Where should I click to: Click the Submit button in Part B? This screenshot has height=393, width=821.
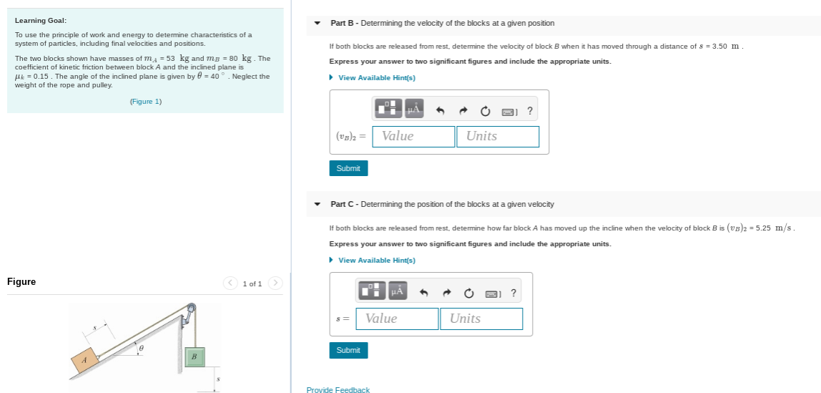point(348,168)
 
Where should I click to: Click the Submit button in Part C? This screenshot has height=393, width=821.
point(348,350)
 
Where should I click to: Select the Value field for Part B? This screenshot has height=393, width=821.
point(413,136)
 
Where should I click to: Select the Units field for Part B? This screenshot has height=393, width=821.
point(498,136)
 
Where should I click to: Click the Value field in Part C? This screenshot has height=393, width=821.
point(397,319)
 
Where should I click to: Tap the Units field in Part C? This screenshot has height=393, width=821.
point(481,319)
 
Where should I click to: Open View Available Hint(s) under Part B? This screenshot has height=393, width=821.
point(376,77)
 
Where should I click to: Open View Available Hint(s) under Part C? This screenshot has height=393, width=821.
point(376,260)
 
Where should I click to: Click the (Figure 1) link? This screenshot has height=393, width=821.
point(146,102)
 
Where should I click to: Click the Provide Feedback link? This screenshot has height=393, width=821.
point(338,389)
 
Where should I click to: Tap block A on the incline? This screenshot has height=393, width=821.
point(84,360)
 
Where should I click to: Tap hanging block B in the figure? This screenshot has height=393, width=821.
point(193,355)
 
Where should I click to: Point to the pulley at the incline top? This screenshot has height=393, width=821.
point(191,310)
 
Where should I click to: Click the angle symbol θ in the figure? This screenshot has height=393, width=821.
point(142,348)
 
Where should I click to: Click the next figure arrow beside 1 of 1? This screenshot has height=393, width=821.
point(276,283)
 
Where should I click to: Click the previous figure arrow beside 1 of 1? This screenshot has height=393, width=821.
point(230,283)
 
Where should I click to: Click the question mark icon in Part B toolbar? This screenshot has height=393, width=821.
point(529,110)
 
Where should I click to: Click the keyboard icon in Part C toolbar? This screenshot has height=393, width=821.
point(491,293)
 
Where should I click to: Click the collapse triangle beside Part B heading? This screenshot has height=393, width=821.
point(318,23)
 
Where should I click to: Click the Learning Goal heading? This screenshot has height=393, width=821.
point(41,20)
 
